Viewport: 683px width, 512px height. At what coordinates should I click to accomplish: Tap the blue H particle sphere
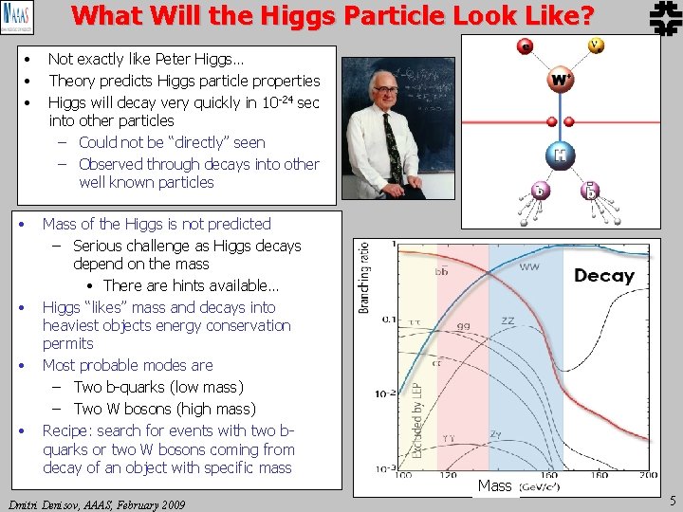tap(561, 155)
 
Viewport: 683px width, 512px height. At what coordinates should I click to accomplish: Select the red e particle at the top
tap(525, 46)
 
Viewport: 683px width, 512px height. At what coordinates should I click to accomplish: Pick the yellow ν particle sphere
tap(596, 45)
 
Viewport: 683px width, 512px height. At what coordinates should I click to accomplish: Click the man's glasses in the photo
tap(385, 92)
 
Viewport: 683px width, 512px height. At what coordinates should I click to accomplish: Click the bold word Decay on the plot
tap(603, 276)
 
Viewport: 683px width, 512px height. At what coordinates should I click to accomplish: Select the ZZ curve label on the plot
tap(508, 321)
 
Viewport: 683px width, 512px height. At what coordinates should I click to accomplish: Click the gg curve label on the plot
tap(465, 325)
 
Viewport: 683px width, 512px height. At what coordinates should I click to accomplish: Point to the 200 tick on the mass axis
tap(648, 475)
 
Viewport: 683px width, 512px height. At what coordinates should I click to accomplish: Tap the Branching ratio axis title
tap(363, 276)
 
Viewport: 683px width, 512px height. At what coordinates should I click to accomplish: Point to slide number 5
tap(672, 502)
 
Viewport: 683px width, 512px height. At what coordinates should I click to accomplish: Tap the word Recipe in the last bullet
tap(67, 430)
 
